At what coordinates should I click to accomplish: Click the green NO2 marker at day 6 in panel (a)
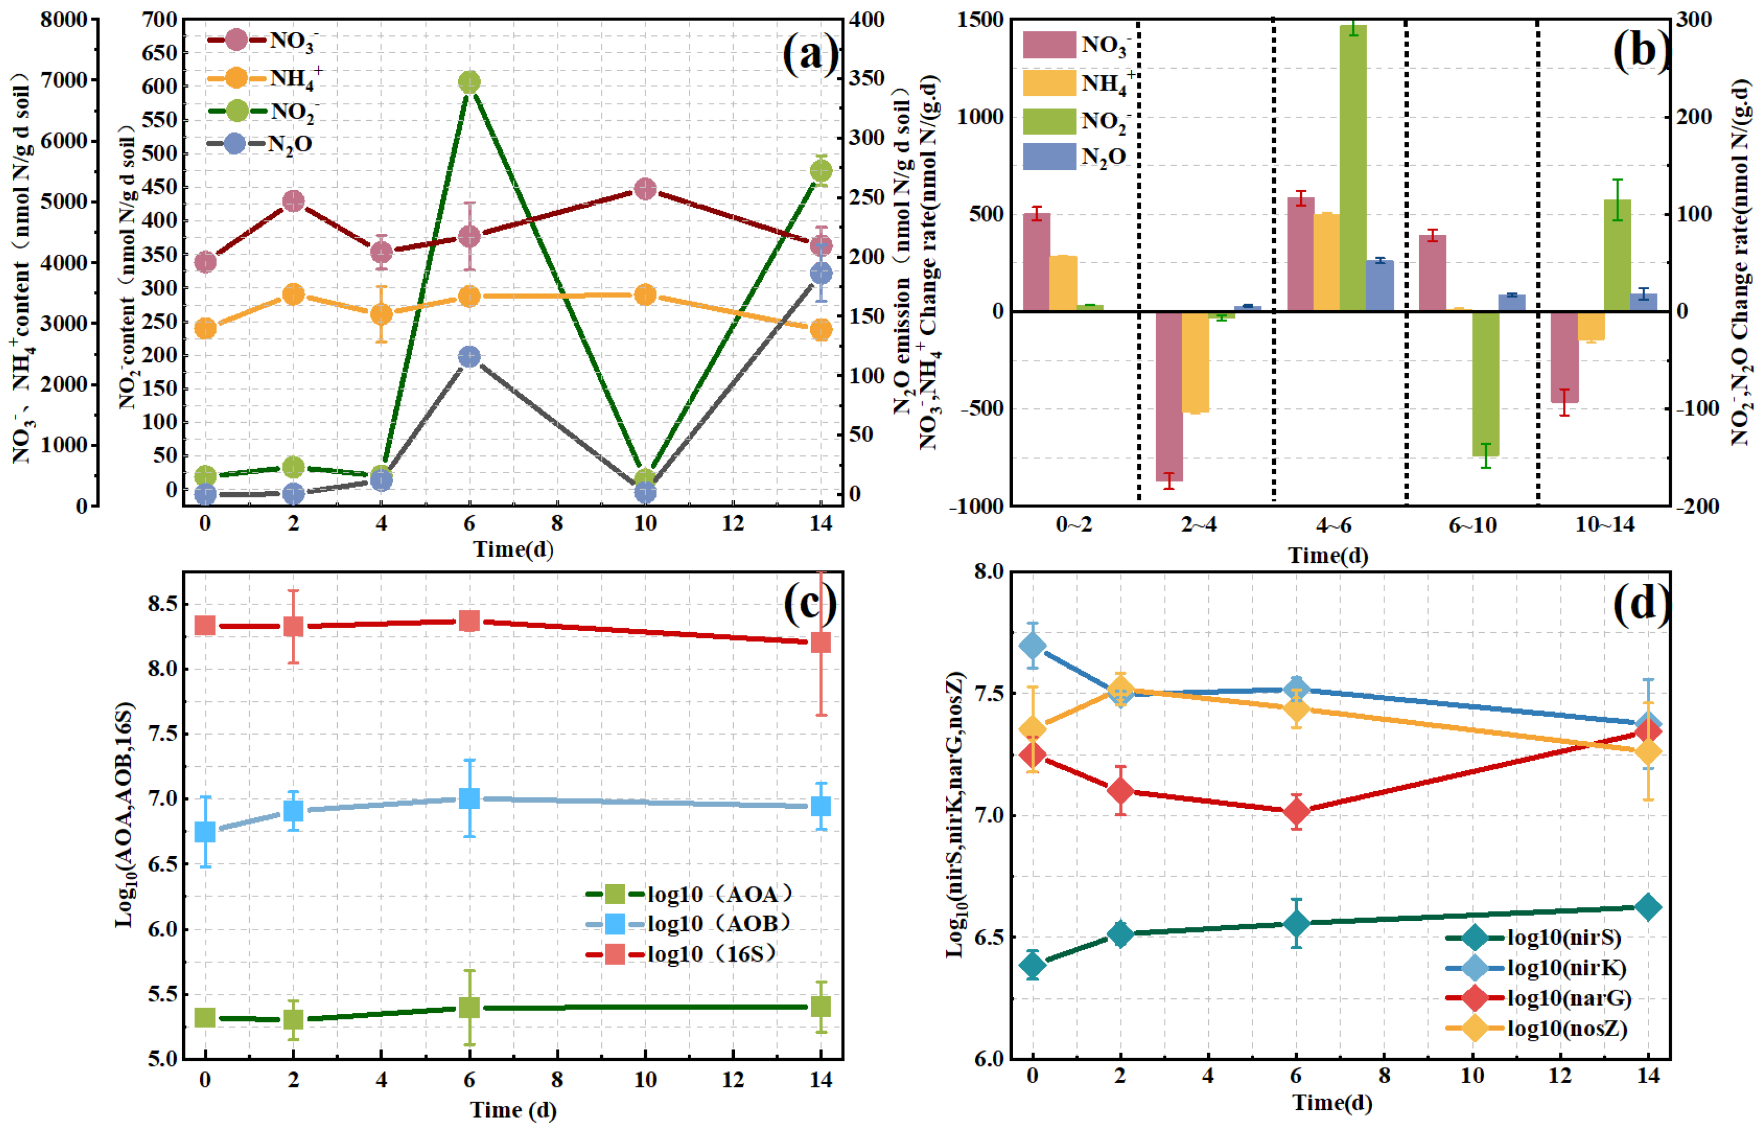[x=469, y=82]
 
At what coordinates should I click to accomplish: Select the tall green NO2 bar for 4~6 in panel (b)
[x=1353, y=168]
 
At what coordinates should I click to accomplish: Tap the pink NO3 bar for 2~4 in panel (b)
[x=1169, y=396]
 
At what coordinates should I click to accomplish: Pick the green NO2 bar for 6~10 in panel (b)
[x=1485, y=384]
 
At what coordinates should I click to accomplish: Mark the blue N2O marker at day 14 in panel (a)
[x=821, y=273]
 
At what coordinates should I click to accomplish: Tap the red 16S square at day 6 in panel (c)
[x=469, y=621]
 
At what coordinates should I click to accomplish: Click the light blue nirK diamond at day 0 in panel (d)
[x=1032, y=646]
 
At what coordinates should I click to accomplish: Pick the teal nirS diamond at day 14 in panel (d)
[x=1648, y=907]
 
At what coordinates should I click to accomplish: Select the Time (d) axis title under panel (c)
[x=513, y=1110]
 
